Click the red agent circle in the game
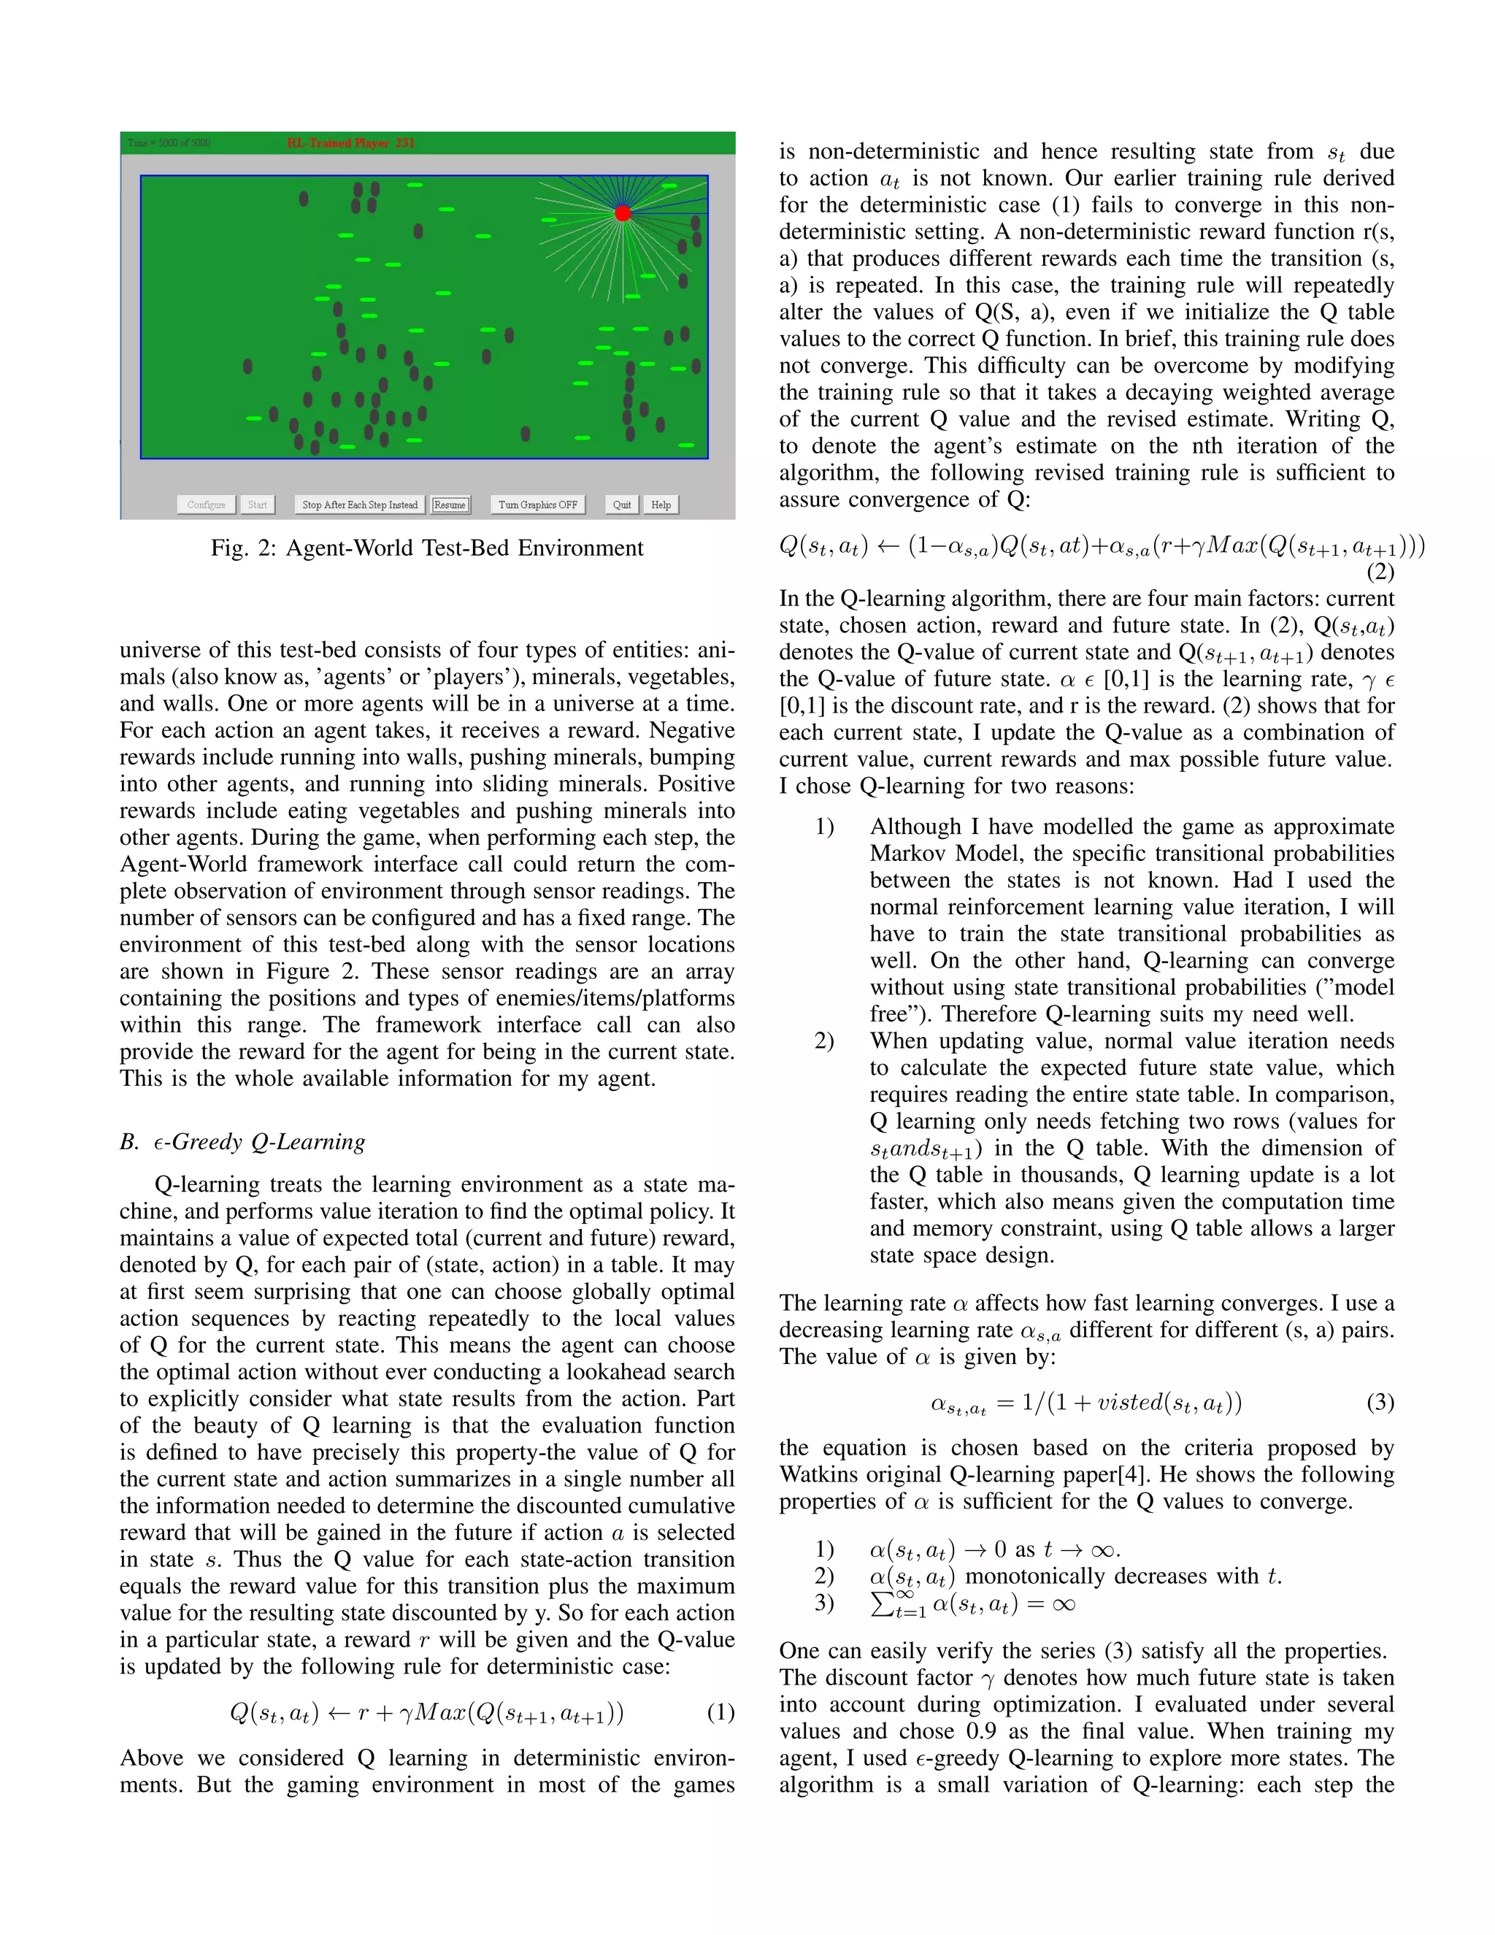pos(623,212)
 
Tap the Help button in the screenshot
pos(661,505)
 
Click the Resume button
pos(450,505)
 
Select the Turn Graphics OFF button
pos(537,505)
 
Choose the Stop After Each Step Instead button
pos(360,505)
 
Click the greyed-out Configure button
pos(207,505)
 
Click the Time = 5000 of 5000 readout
pos(169,142)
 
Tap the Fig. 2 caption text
pos(427,548)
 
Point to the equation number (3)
pos(1380,1403)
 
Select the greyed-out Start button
pos(257,505)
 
